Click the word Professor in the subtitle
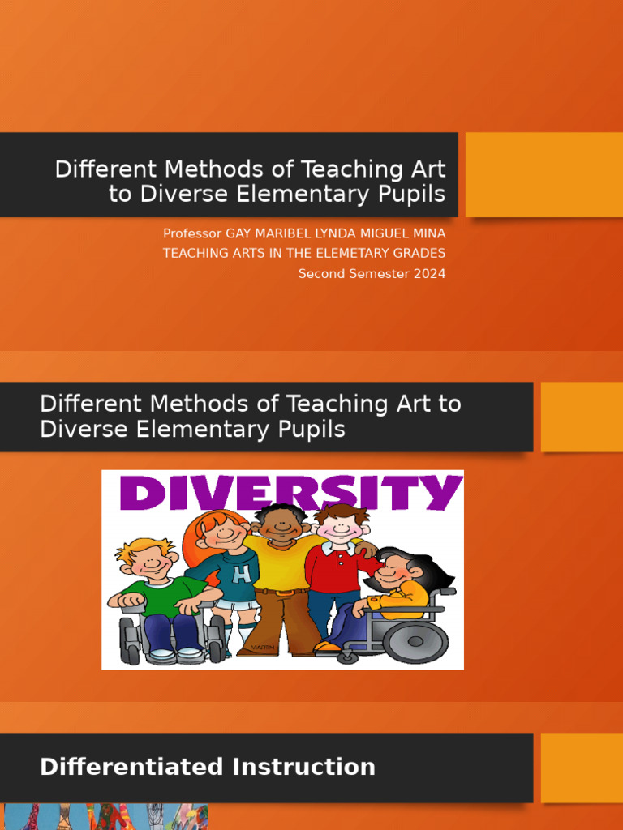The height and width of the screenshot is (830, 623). [x=192, y=233]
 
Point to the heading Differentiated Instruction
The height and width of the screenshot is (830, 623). [x=208, y=767]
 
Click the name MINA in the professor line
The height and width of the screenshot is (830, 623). [x=428, y=233]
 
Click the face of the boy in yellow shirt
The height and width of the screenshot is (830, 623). [x=281, y=526]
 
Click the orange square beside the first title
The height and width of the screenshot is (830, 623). [x=544, y=174]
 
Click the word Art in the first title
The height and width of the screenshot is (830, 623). [x=429, y=169]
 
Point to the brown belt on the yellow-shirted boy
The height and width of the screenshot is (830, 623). [x=281, y=591]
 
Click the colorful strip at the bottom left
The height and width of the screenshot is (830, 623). [x=105, y=817]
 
